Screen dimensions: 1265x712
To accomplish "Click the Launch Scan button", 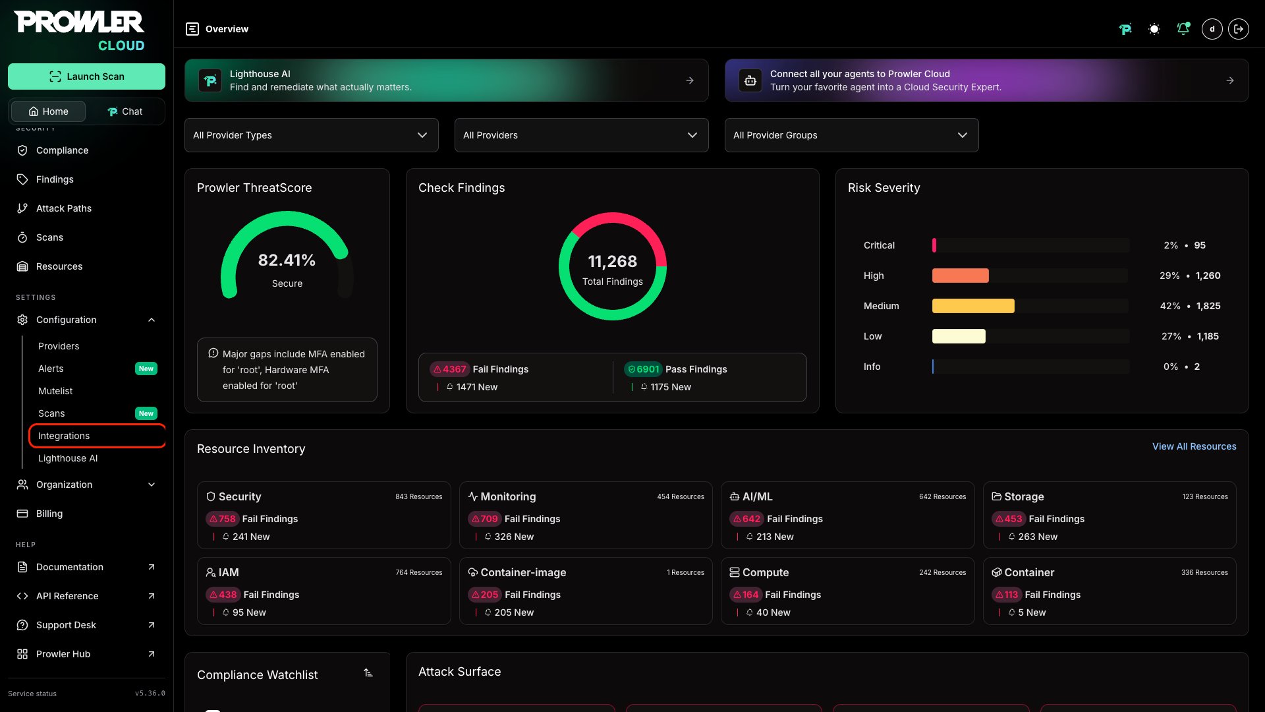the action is point(86,76).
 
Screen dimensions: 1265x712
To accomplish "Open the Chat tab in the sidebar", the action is point(125,111).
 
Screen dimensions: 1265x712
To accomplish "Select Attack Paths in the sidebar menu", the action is point(64,208).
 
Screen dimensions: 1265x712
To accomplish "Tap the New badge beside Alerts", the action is point(146,369).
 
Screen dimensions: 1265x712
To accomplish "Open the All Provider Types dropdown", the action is point(312,135).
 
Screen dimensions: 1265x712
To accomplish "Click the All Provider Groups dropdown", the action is point(851,135).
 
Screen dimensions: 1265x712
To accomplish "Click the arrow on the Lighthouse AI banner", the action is point(690,80).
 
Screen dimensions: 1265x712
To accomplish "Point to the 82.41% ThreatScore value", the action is point(287,260).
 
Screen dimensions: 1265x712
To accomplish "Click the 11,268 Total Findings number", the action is point(613,262).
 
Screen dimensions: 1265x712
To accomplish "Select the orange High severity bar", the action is point(961,276).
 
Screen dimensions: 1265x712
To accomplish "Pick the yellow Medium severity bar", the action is point(973,306).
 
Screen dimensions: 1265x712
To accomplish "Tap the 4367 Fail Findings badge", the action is point(449,369).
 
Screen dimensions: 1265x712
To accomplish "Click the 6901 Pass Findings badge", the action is point(642,369).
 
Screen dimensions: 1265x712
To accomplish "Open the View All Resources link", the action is point(1194,446).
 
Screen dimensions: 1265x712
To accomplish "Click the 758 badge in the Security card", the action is point(222,519).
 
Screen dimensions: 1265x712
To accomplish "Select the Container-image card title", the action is point(523,572).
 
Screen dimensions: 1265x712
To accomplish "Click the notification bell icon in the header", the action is point(1183,29).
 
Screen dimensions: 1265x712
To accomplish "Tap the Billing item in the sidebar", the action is point(49,514).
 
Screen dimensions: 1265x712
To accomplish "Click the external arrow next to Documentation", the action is point(152,567).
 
